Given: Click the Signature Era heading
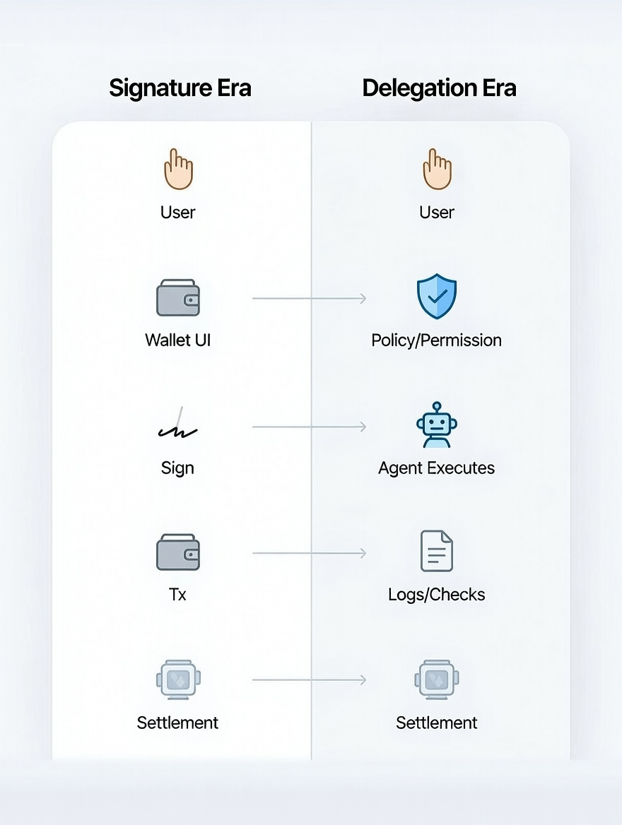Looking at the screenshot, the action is click(x=180, y=88).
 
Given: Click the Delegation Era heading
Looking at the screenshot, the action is click(x=439, y=88).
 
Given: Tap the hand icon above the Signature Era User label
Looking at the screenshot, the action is click(x=178, y=170).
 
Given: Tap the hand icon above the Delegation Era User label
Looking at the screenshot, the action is click(x=437, y=170).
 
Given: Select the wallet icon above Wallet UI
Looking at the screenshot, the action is click(x=177, y=297).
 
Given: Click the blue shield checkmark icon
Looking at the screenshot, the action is click(x=437, y=297).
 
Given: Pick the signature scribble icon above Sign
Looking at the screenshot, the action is click(x=177, y=425).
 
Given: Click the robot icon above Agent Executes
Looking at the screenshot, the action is click(x=437, y=425).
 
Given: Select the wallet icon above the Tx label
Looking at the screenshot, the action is click(x=177, y=552).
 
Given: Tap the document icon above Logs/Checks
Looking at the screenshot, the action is click(x=437, y=551).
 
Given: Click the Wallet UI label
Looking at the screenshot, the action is click(x=177, y=340).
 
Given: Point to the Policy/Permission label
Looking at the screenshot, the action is click(x=437, y=340).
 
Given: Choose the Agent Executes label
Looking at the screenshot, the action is click(x=437, y=468).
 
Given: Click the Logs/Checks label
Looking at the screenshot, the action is click(x=437, y=595).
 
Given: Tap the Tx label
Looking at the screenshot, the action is click(x=177, y=595).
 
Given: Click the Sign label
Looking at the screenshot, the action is click(x=177, y=468).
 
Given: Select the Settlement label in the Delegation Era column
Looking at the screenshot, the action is click(x=437, y=723).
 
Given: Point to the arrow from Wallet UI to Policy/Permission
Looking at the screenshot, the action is click(x=309, y=299).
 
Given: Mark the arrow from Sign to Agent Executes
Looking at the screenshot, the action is click(x=309, y=427).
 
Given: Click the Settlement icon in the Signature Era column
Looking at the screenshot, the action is click(x=178, y=679).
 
